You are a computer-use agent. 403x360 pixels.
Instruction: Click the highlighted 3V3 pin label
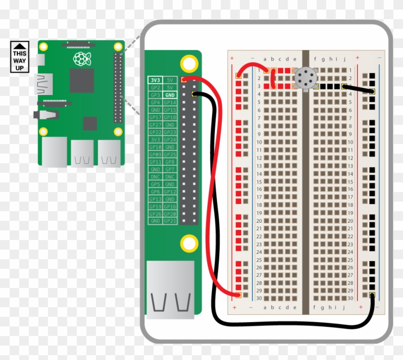[155, 81]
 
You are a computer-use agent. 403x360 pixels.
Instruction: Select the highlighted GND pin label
[170, 95]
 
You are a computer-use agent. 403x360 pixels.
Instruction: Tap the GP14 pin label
[170, 103]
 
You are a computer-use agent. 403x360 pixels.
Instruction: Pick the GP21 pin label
[170, 221]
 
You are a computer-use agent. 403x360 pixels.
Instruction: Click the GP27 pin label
[155, 125]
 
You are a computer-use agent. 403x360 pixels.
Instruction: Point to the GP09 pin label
[155, 155]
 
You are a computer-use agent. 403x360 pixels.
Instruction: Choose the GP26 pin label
[155, 214]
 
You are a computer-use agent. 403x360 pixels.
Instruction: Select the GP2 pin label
[155, 88]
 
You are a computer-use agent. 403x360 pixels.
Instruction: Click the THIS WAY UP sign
[20, 57]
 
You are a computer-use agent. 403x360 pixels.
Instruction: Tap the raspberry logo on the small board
[82, 59]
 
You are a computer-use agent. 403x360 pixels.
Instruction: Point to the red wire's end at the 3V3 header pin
[184, 79]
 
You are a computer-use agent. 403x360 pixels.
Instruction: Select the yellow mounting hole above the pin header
[189, 63]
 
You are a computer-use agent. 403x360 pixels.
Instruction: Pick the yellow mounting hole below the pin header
[189, 243]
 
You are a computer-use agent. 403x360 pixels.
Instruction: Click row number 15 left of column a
[259, 181]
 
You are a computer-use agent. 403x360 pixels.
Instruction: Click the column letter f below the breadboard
[315, 307]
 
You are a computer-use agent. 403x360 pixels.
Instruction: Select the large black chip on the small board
[82, 80]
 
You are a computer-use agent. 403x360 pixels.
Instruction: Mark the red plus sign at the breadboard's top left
[233, 59]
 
